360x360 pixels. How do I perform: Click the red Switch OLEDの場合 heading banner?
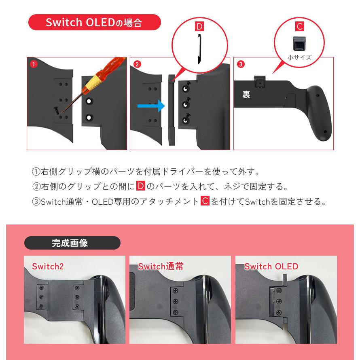pyautogui.click(x=94, y=22)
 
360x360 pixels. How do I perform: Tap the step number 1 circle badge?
pyautogui.click(x=34, y=64)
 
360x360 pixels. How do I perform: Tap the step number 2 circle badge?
pyautogui.click(x=137, y=64)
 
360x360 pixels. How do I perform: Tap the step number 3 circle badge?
pyautogui.click(x=241, y=64)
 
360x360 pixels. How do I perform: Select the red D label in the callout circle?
pyautogui.click(x=199, y=27)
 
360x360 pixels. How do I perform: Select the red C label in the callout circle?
pyautogui.click(x=299, y=27)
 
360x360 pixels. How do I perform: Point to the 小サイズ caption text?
pyautogui.click(x=299, y=57)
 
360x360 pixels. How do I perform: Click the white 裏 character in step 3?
pyautogui.click(x=246, y=94)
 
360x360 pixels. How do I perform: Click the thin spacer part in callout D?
pyautogui.click(x=199, y=49)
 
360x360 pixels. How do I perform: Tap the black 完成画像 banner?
pyautogui.click(x=72, y=243)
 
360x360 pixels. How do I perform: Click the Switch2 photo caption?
pyautogui.click(x=48, y=266)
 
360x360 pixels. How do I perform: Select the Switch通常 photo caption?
pyautogui.click(x=161, y=266)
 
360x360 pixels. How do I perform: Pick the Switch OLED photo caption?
pyautogui.click(x=271, y=266)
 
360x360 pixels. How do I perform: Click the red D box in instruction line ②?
pyautogui.click(x=140, y=186)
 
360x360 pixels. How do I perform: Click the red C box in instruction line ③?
pyautogui.click(x=205, y=201)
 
